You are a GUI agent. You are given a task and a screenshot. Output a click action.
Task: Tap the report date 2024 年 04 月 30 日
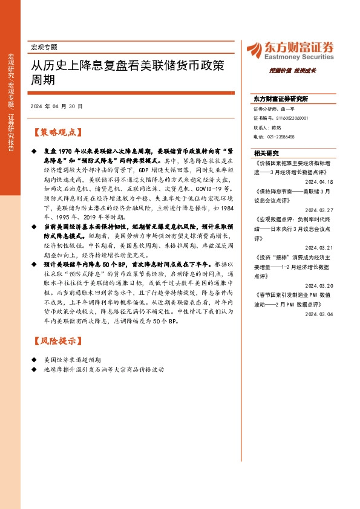(x=56, y=106)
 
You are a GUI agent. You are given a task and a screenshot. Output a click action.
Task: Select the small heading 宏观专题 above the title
(x=44, y=47)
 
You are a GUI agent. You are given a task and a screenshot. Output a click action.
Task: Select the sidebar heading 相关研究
(x=266, y=153)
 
